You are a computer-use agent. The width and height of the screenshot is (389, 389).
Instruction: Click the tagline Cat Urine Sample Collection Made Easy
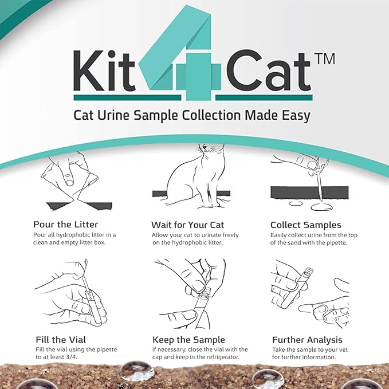[192, 115]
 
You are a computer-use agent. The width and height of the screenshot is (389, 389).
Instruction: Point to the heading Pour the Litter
[65, 225]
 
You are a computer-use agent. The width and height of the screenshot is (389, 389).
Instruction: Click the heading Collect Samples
[305, 225]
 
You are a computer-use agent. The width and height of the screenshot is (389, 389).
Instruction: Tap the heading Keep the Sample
[188, 340]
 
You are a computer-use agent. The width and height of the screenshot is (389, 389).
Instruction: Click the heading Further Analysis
[307, 340]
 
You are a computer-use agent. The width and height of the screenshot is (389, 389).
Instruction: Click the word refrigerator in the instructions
[223, 358]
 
